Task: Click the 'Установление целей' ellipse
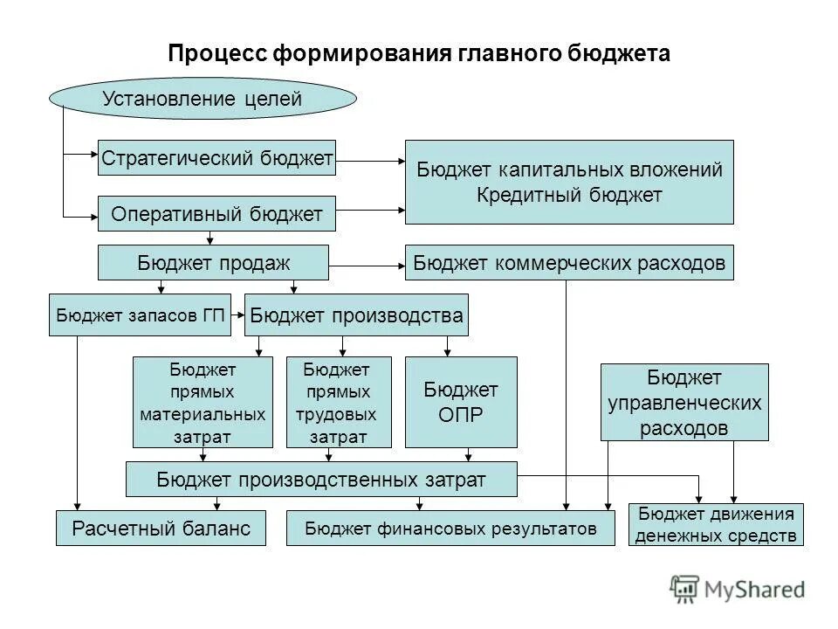click(x=203, y=99)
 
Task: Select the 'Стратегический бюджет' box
click(x=216, y=158)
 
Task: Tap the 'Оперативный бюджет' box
click(x=216, y=213)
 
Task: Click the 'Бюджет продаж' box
click(x=213, y=262)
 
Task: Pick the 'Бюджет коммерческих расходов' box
click(x=569, y=262)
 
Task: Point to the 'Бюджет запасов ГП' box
click(x=141, y=315)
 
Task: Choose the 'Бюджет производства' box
click(x=356, y=315)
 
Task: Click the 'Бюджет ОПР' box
click(x=461, y=402)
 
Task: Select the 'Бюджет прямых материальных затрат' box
click(x=203, y=402)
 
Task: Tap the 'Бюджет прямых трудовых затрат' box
click(x=336, y=402)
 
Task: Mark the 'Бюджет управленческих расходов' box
click(x=684, y=402)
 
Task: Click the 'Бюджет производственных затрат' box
click(x=321, y=479)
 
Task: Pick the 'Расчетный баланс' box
click(x=161, y=528)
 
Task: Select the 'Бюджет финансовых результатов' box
click(x=450, y=528)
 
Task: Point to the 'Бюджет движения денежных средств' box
click(x=716, y=524)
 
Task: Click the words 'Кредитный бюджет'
click(x=569, y=195)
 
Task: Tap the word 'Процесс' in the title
click(x=216, y=53)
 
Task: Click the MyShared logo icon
click(x=685, y=590)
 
